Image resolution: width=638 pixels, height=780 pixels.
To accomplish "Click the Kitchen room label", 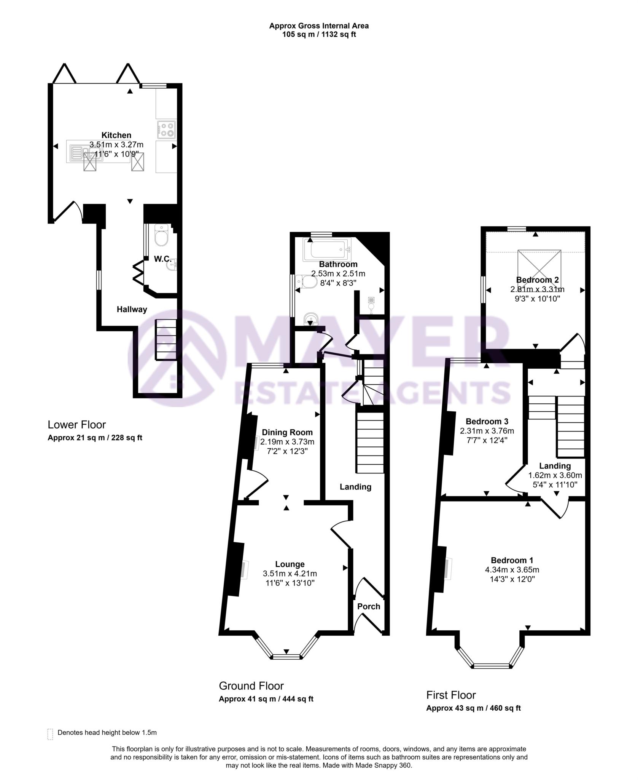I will pyautogui.click(x=116, y=135).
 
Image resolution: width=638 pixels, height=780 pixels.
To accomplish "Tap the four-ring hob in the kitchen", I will pyautogui.click(x=166, y=129).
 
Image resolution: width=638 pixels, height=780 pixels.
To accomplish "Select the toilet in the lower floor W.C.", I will pyautogui.click(x=161, y=236).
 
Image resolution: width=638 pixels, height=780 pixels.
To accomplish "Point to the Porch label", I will pyautogui.click(x=369, y=606).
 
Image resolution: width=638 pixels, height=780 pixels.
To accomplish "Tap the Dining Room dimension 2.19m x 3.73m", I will pyautogui.click(x=287, y=442).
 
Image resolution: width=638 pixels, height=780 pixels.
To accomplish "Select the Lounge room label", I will pyautogui.click(x=290, y=564).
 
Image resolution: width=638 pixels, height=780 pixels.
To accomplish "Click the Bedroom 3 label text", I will pyautogui.click(x=487, y=422).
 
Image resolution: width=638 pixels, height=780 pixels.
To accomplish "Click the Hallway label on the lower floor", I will pyautogui.click(x=132, y=309).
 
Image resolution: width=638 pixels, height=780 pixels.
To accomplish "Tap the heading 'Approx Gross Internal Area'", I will pyautogui.click(x=319, y=26).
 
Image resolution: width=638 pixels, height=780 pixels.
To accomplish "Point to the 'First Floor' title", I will pyautogui.click(x=451, y=695).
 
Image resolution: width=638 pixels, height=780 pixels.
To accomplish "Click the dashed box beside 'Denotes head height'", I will pyautogui.click(x=50, y=734).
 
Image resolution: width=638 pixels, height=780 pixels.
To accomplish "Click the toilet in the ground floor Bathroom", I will pyautogui.click(x=308, y=282).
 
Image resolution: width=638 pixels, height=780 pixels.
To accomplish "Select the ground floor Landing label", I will pyautogui.click(x=355, y=487).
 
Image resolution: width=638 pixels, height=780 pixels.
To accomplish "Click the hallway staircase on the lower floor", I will pyautogui.click(x=166, y=340).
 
